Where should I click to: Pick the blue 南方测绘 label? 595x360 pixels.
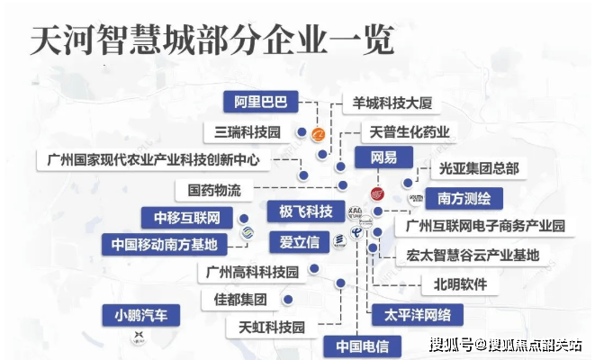pos(464,196)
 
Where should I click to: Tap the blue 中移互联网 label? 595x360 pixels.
pos(186,217)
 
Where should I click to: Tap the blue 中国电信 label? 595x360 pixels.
pos(361,346)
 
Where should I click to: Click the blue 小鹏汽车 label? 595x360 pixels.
pos(140,315)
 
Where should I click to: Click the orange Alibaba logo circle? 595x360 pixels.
pos(318,136)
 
